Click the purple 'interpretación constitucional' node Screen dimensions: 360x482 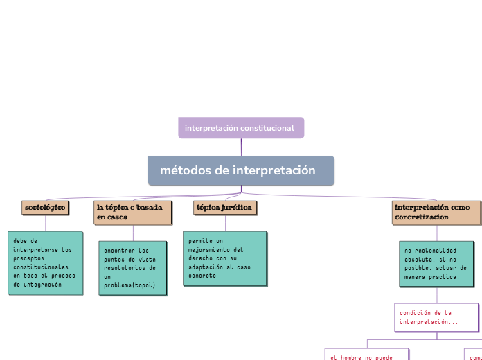point(240,128)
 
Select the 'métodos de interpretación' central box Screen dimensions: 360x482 point(240,171)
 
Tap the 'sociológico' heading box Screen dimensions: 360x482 point(45,207)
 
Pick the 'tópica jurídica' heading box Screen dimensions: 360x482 point(224,207)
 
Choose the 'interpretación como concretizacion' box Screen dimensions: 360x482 point(436,212)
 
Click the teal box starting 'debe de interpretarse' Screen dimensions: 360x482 point(44,262)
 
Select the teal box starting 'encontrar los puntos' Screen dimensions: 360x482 point(131,268)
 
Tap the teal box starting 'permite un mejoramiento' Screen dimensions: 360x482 point(224,258)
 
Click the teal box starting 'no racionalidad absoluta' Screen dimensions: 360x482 point(436,263)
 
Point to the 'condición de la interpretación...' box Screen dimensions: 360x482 point(436,317)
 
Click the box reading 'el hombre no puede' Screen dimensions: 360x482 point(366,354)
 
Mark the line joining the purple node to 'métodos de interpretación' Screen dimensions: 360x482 point(241,147)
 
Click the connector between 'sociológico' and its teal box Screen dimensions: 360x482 point(45,222)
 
